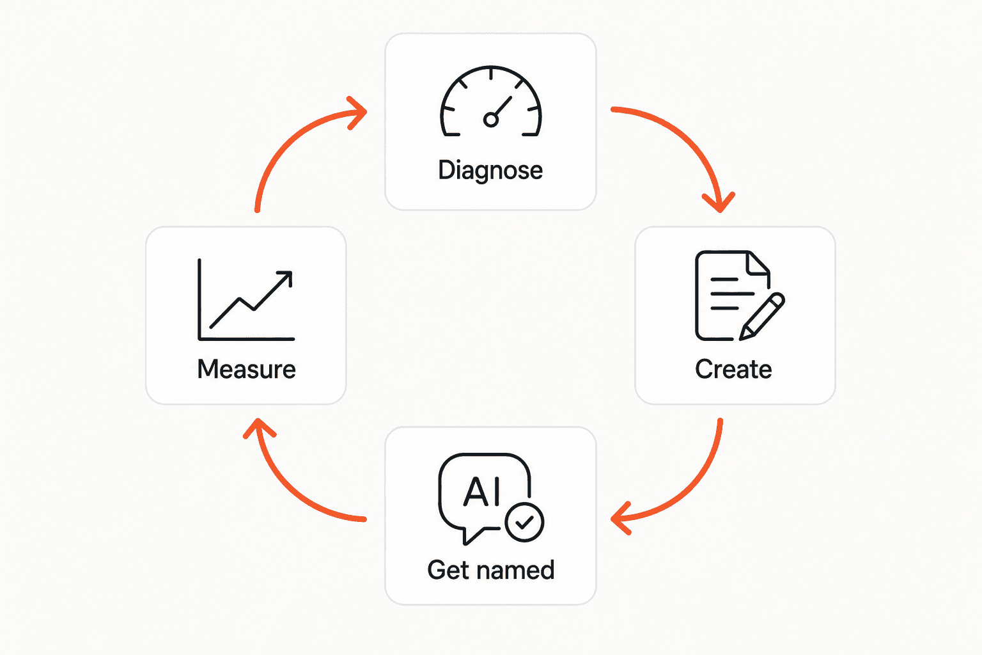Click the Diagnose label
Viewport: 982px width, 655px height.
(490, 170)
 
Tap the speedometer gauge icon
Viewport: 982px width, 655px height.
(491, 101)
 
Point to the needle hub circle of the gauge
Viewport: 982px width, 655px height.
(490, 120)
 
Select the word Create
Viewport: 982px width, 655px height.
(733, 369)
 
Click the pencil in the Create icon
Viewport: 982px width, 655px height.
(762, 317)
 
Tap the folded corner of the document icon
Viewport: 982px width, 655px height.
(758, 264)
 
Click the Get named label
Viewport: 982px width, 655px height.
(491, 570)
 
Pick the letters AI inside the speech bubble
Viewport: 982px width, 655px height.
(482, 492)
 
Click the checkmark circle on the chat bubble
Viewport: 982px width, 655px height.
(524, 522)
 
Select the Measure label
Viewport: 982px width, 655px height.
(246, 369)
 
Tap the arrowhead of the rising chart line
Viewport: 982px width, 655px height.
(286, 277)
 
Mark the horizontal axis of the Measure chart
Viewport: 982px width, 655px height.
(246, 338)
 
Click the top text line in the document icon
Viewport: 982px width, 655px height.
(724, 279)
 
